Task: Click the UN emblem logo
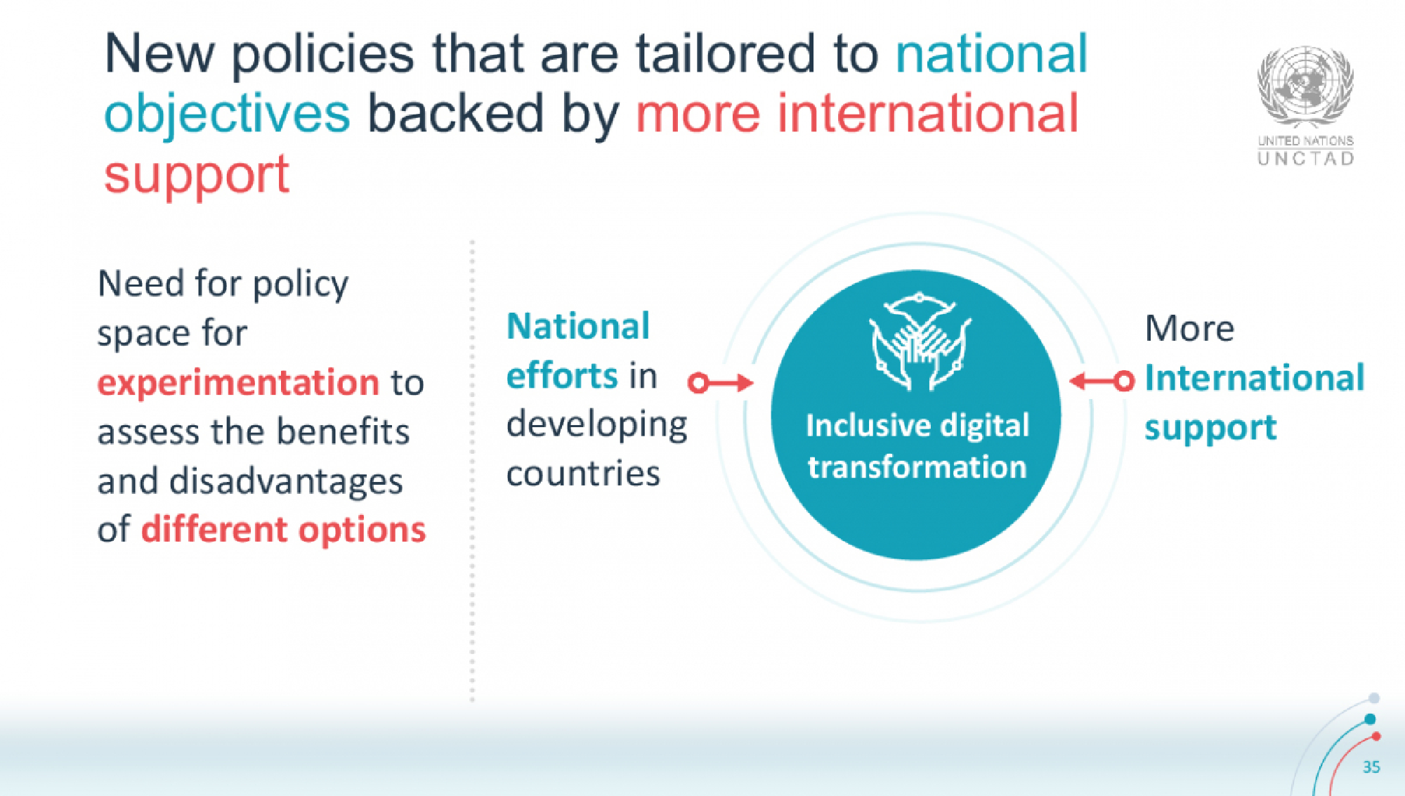(x=1305, y=86)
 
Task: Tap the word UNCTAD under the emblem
(x=1305, y=159)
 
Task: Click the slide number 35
(x=1371, y=766)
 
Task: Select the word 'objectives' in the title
(x=227, y=114)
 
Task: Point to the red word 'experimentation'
(x=238, y=383)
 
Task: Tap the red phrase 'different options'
(x=284, y=530)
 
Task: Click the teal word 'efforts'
(x=561, y=376)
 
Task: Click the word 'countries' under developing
(x=583, y=474)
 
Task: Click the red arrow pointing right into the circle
(x=721, y=383)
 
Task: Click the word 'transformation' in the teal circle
(x=917, y=467)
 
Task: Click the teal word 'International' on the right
(x=1255, y=378)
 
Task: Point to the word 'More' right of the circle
(x=1189, y=329)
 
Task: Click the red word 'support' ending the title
(x=197, y=176)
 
